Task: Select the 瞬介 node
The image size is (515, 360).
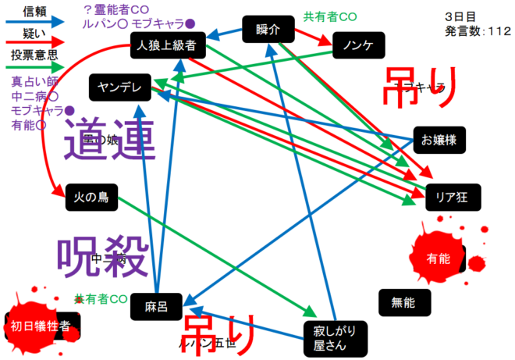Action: click(x=268, y=30)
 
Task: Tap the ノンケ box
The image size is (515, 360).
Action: click(x=358, y=45)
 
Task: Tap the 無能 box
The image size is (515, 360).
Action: click(x=403, y=301)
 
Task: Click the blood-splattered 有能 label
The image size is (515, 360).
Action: click(x=439, y=258)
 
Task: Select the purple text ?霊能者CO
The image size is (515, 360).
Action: click(x=117, y=9)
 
